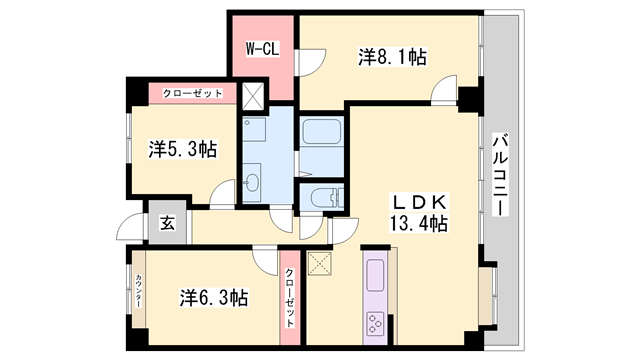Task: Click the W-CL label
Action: tap(262, 49)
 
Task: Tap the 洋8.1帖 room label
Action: tap(393, 57)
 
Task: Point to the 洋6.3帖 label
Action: tap(214, 298)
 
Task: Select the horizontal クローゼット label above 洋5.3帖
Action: tap(193, 93)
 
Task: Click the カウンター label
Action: tap(138, 296)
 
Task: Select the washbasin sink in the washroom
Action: tap(252, 181)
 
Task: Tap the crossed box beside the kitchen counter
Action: tap(321, 264)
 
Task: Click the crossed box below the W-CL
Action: tap(253, 96)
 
